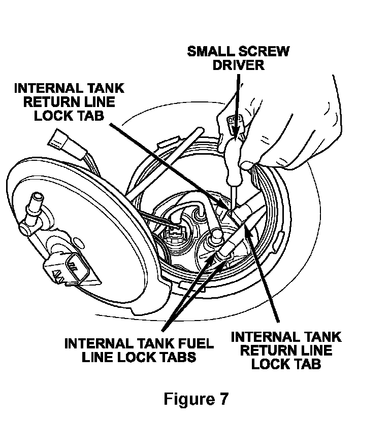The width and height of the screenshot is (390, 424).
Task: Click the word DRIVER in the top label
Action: [x=239, y=65]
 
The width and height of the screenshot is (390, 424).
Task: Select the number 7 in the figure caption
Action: [x=222, y=399]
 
